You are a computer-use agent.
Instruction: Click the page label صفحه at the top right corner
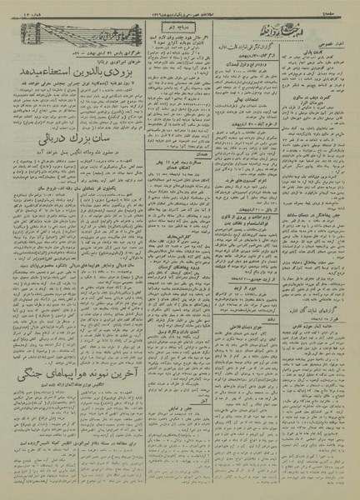[345, 7]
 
